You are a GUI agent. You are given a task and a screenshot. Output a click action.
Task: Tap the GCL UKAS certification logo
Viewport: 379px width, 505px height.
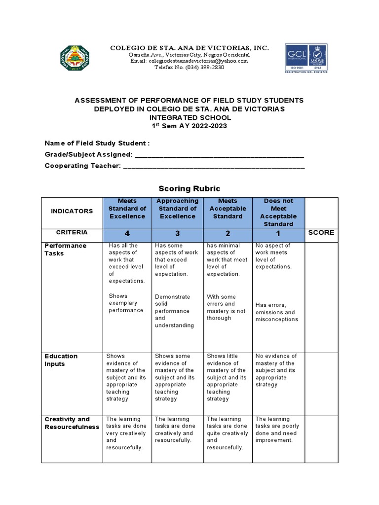pyautogui.click(x=306, y=58)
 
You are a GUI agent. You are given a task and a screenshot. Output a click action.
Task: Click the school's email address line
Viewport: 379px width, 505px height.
pyautogui.click(x=189, y=61)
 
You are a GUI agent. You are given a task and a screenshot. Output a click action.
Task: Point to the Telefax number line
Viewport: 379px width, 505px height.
pyautogui.click(x=189, y=68)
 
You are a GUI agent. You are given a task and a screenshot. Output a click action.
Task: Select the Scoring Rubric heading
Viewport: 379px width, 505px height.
pyautogui.click(x=189, y=188)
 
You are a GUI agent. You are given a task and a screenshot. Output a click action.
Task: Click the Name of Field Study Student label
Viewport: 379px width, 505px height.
pyautogui.click(x=97, y=143)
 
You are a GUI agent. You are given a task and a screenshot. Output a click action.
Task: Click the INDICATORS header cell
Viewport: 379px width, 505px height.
pyautogui.click(x=72, y=211)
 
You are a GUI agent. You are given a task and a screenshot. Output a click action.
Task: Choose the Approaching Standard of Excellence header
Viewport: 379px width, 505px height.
pyautogui.click(x=177, y=209)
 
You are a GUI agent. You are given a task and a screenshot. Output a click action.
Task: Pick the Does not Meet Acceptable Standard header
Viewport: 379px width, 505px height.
pyautogui.click(x=278, y=213)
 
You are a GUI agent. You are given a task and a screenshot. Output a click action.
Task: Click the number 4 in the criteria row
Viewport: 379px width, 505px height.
pyautogui.click(x=127, y=233)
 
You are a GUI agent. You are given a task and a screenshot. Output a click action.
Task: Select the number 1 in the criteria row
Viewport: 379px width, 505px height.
pyautogui.click(x=278, y=233)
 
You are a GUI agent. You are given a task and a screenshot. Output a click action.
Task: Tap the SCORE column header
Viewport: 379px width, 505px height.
pyautogui.click(x=321, y=232)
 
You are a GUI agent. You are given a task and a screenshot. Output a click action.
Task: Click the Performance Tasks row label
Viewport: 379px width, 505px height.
pyautogui.click(x=66, y=250)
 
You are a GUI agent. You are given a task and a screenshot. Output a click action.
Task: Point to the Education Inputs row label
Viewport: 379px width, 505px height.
pyautogui.click(x=61, y=360)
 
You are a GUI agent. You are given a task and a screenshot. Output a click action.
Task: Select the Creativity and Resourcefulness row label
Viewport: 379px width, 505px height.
pyautogui.click(x=72, y=423)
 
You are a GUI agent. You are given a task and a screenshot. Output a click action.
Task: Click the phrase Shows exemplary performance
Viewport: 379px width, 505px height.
pyautogui.click(x=126, y=303)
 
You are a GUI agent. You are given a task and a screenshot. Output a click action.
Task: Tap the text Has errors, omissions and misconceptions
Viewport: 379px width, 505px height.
pyautogui.click(x=276, y=312)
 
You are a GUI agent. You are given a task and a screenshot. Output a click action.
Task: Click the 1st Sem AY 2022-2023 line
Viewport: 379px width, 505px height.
pyautogui.click(x=189, y=126)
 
